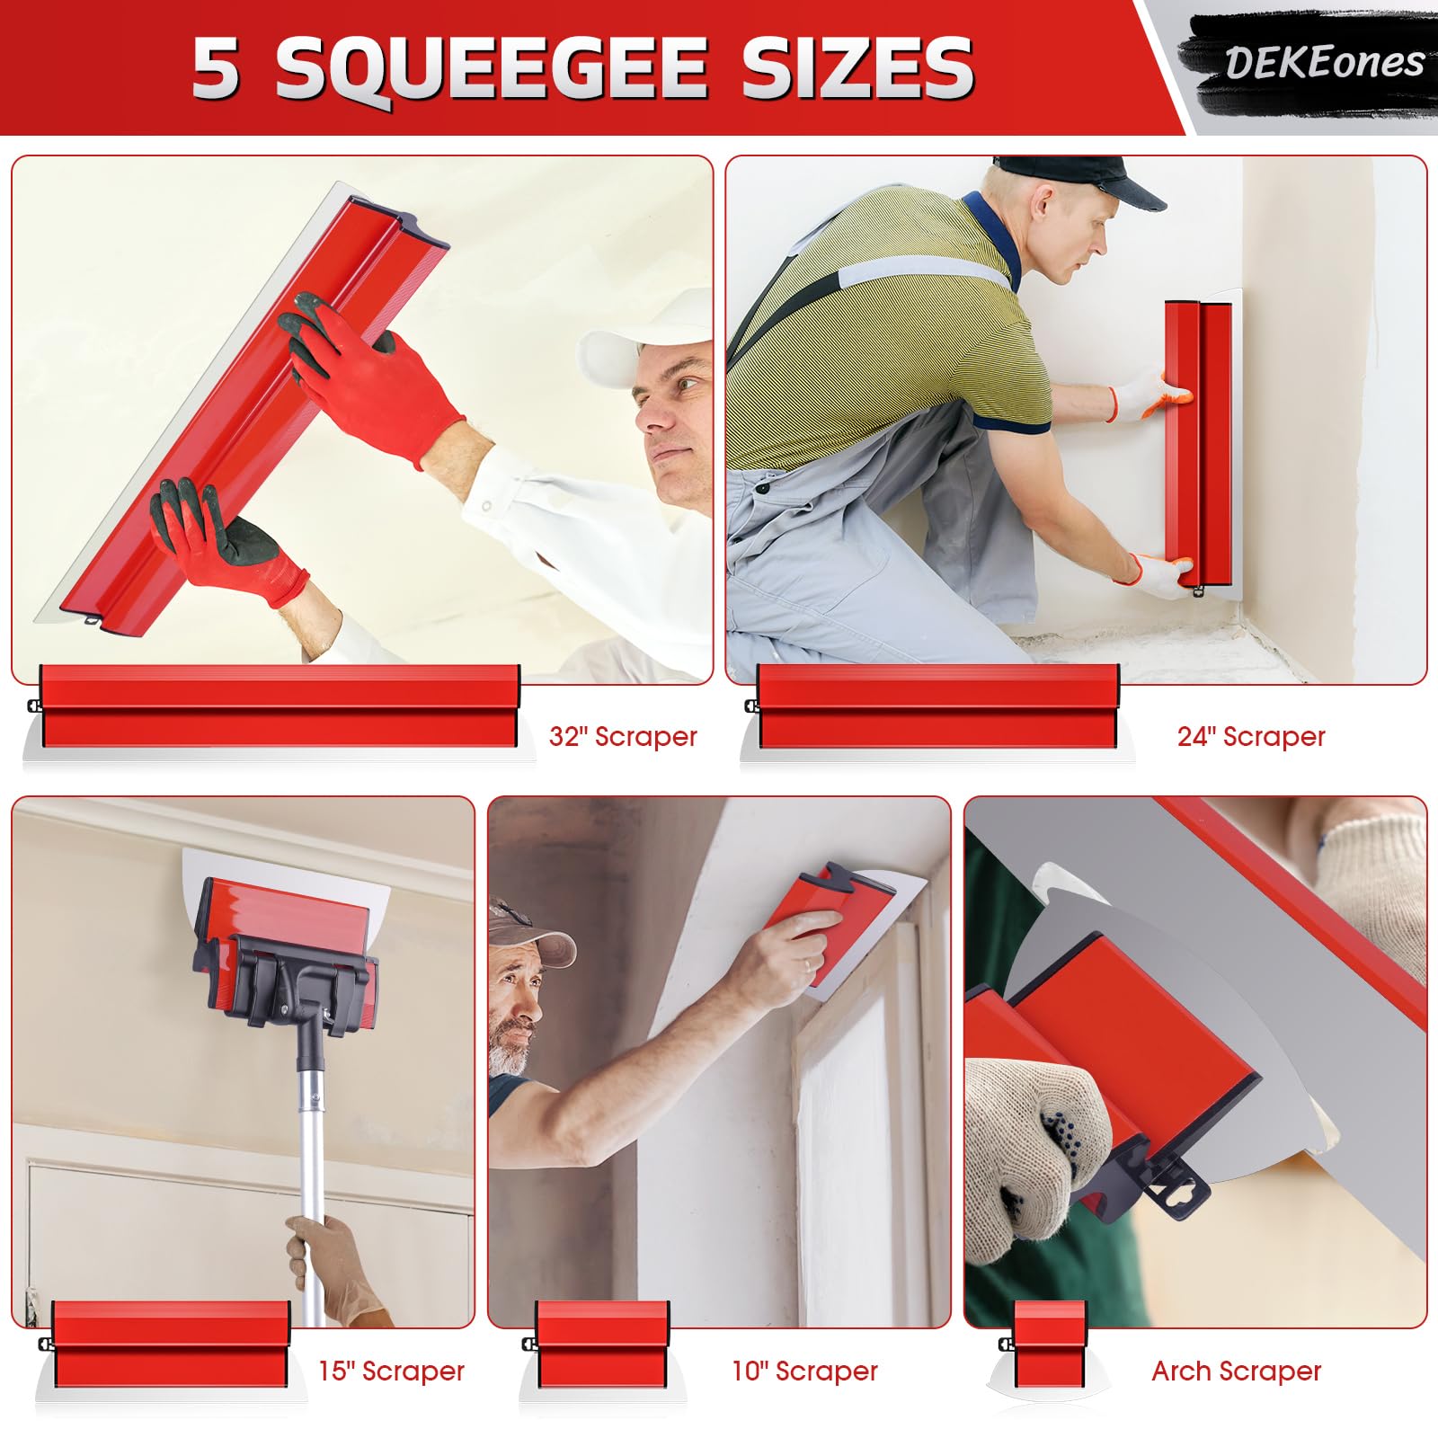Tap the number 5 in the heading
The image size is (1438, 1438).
pos(216,68)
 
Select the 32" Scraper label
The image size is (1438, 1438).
pos(623,737)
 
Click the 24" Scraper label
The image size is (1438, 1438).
pos(1251,737)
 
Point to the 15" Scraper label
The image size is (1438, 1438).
pos(391,1371)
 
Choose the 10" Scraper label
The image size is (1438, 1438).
pos(804,1371)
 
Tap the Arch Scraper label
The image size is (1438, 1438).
pos(1236,1371)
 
